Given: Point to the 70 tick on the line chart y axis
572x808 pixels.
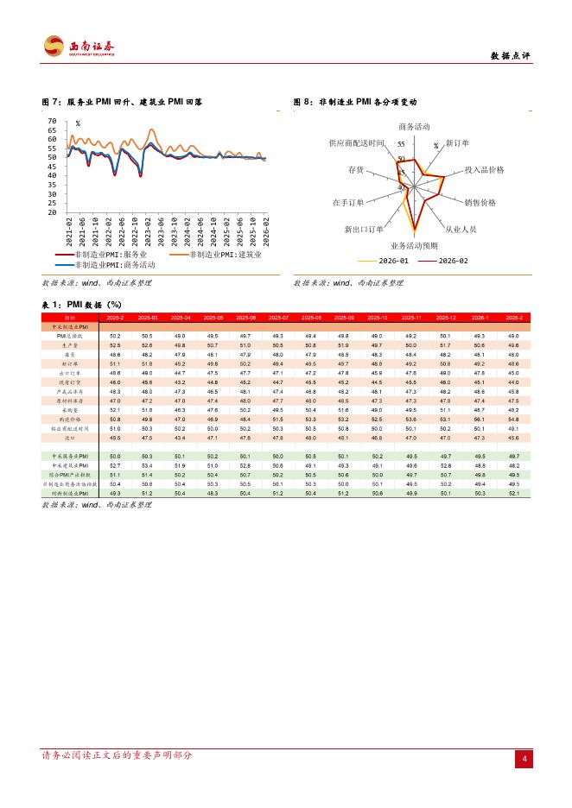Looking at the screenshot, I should coord(52,121).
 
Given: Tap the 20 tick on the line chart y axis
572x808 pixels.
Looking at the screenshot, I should coord(52,212).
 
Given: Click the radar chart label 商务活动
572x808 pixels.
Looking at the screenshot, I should coord(413,127).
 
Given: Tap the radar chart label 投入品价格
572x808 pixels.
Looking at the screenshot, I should coord(485,170).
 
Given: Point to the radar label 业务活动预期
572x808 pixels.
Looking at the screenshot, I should coord(413,246).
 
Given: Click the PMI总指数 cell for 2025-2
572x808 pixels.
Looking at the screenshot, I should coord(115,336).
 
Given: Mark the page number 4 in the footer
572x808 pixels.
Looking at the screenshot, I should coord(524,760).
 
